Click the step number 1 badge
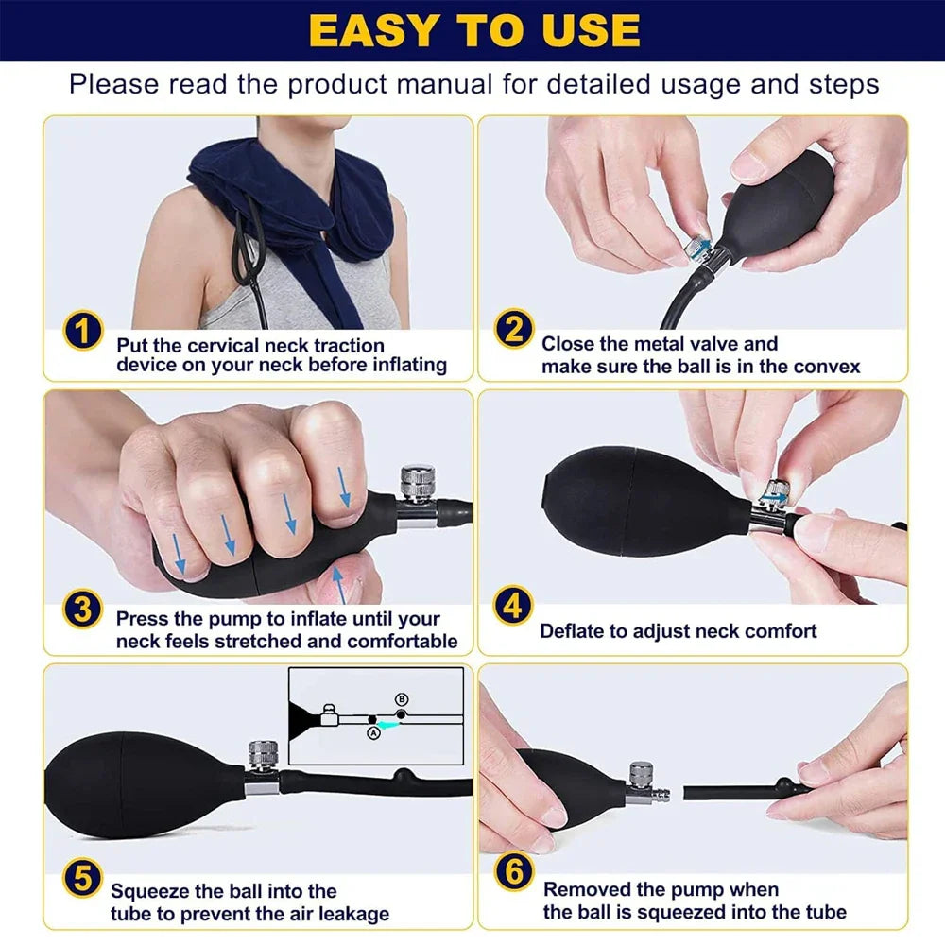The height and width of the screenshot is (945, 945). click(x=83, y=332)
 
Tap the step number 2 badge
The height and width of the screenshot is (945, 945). click(x=513, y=332)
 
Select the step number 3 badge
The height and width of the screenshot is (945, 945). click(x=83, y=610)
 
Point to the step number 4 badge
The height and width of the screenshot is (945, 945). click(x=513, y=606)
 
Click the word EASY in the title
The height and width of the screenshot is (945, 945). click(x=378, y=30)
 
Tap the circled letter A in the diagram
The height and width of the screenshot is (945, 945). click(x=372, y=732)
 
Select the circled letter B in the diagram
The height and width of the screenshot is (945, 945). click(x=401, y=699)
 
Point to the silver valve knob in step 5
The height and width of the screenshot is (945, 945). click(x=261, y=756)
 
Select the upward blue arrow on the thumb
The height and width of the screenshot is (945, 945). click(x=340, y=586)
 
